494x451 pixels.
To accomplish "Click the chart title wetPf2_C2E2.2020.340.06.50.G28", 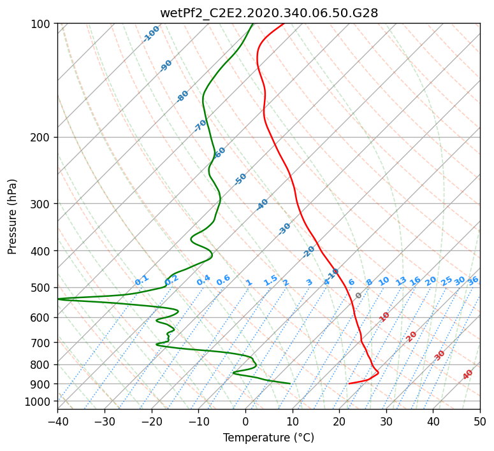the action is [x=269, y=13].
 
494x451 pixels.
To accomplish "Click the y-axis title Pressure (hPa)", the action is [x=11, y=217].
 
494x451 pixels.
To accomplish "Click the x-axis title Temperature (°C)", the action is [x=269, y=438].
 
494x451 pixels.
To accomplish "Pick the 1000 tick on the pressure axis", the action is [x=41, y=401].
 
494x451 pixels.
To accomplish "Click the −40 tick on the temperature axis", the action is [x=57, y=421].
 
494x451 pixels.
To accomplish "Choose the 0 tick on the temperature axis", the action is [x=246, y=421].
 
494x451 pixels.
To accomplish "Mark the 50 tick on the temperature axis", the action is [x=480, y=421].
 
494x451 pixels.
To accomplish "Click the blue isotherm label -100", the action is [x=151, y=34].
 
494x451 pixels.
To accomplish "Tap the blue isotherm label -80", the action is [x=182, y=96].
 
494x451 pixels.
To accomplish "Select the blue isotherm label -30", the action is [x=284, y=229].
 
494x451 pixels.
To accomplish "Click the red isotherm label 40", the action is [x=468, y=375].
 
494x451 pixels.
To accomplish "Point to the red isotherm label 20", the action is [x=411, y=337].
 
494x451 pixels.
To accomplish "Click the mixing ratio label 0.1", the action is [x=142, y=280].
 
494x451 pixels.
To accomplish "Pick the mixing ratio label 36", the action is [x=473, y=281].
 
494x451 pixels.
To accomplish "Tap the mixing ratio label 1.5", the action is [x=271, y=280].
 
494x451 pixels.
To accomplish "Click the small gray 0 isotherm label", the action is [x=358, y=296].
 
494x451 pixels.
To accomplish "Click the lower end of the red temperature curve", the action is [x=349, y=383].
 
